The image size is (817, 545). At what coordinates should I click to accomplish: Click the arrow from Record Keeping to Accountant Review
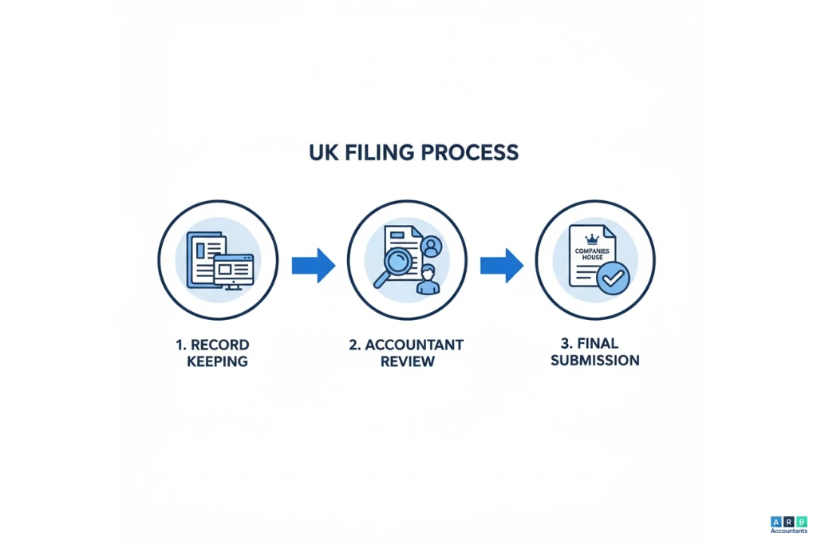coord(313,265)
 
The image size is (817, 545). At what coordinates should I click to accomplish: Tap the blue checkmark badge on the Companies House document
coord(613,278)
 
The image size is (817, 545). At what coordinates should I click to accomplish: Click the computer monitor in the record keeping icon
coord(233,270)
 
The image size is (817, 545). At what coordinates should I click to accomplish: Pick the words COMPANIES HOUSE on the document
coord(591,254)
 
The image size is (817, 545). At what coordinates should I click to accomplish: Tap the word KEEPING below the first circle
coord(217,361)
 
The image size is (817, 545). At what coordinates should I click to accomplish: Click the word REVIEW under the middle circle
coord(407,361)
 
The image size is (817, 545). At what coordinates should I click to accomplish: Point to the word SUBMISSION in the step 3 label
coord(595,361)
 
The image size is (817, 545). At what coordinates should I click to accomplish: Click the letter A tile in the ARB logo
coord(776,521)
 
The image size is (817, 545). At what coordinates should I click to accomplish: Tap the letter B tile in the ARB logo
coord(802,521)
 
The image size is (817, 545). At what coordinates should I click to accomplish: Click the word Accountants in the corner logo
coord(788,531)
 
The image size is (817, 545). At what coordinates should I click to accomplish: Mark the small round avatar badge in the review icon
coord(432,244)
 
